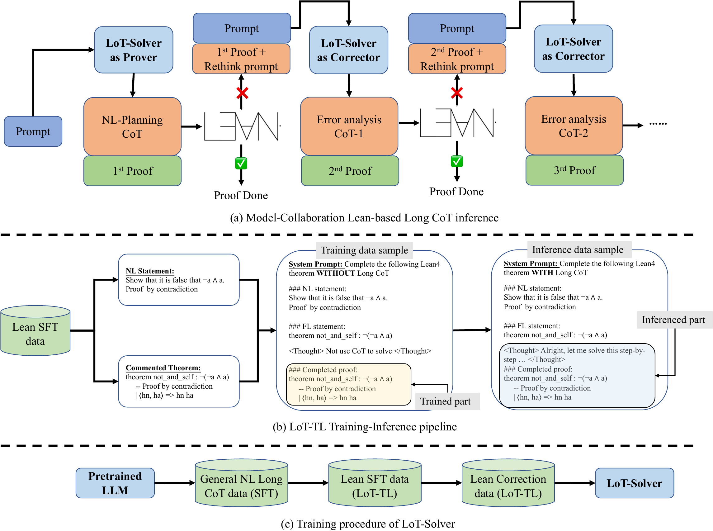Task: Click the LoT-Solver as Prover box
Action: (x=133, y=50)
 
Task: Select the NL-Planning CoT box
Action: (x=132, y=126)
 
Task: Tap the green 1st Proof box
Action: (x=132, y=171)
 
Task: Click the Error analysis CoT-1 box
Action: (x=349, y=126)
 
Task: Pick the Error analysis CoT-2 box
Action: (x=574, y=126)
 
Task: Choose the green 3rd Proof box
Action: (x=574, y=170)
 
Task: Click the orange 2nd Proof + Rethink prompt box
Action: (x=456, y=59)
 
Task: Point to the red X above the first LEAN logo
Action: (x=242, y=93)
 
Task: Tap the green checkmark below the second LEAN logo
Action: (x=456, y=161)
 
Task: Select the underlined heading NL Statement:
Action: (x=150, y=271)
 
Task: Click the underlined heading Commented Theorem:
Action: (x=163, y=368)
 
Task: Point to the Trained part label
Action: (x=445, y=401)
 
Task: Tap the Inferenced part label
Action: (x=673, y=320)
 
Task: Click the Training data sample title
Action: (x=364, y=250)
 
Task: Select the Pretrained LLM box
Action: (x=115, y=483)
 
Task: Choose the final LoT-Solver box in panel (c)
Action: (x=634, y=483)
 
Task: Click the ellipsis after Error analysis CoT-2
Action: (x=658, y=123)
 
